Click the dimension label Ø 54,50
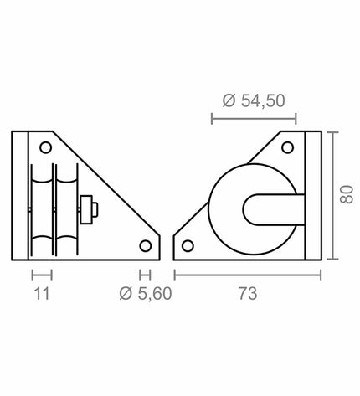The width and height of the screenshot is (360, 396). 254,100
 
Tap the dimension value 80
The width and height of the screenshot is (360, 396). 347,194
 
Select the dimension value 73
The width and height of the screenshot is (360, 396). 248,294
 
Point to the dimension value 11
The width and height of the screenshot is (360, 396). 42,294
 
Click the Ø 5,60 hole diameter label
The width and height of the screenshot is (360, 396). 146,294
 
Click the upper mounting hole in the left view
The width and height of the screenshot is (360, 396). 46,147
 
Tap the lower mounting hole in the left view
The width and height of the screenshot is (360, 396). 146,246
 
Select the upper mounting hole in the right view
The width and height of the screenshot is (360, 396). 287,147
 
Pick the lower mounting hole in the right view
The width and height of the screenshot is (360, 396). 188,246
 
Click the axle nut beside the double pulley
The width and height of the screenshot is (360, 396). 88,209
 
